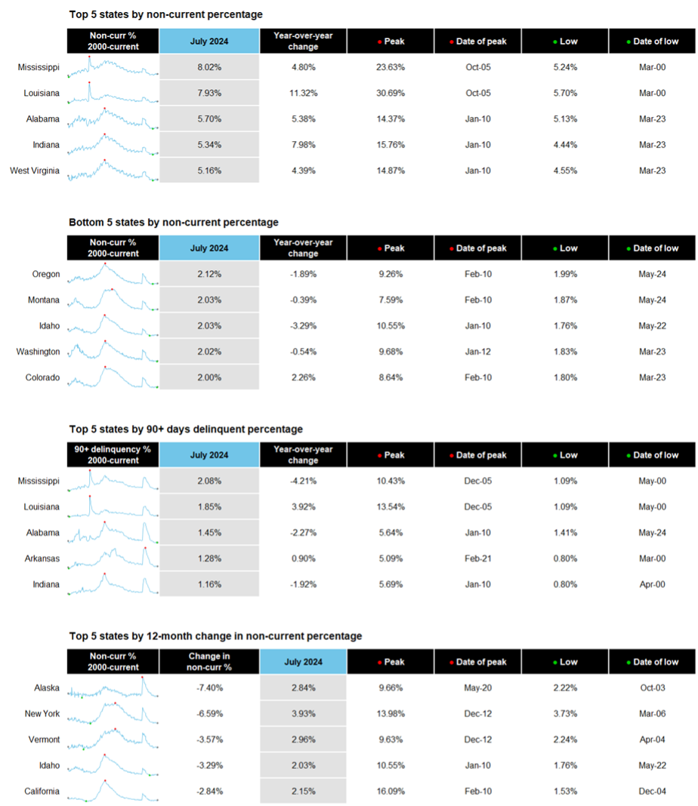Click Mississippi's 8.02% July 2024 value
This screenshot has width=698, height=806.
point(209,67)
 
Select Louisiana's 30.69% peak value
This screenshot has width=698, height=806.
point(391,93)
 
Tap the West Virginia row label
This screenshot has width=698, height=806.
point(35,171)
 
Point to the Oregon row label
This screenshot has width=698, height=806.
point(46,274)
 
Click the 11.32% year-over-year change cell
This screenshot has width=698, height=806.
point(304,93)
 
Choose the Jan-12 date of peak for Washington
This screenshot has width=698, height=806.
point(478,352)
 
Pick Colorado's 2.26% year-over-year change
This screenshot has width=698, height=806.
point(304,377)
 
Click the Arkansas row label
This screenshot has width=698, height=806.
point(42,558)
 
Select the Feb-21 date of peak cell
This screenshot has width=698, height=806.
point(478,558)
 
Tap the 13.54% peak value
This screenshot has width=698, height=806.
point(391,507)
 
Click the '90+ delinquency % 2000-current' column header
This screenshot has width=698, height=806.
point(113,455)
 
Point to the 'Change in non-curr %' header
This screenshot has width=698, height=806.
point(208,662)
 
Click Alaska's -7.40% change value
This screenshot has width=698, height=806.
point(209,688)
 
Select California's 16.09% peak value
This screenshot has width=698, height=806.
point(391,791)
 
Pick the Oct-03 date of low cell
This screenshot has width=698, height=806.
point(652,688)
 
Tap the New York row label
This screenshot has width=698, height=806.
point(42,713)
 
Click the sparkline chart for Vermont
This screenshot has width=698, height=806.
point(113,739)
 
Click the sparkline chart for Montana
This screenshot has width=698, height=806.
point(113,300)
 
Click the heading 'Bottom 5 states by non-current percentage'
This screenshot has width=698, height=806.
point(173,222)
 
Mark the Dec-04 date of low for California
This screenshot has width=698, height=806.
point(652,791)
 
